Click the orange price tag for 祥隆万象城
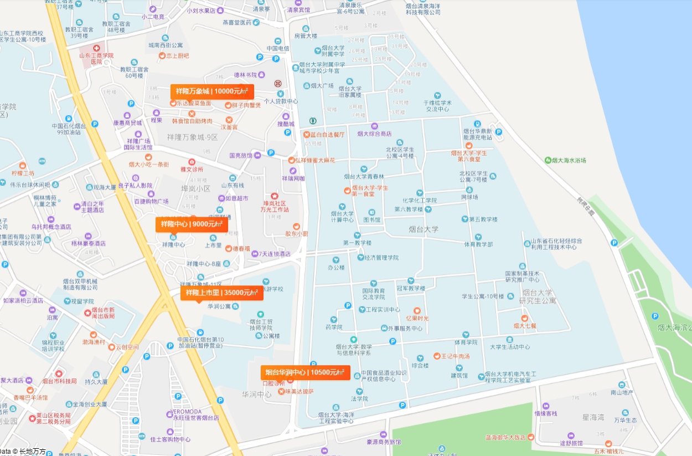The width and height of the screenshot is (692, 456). (212, 91)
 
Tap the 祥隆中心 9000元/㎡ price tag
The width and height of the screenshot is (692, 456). (192, 224)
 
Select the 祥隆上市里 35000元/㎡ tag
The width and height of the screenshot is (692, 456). (221, 293)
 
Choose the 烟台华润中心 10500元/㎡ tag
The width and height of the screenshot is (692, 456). (305, 372)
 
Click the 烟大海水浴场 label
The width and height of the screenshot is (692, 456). (569, 160)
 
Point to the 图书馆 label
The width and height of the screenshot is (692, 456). (371, 219)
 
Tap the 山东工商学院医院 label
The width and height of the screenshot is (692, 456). (96, 58)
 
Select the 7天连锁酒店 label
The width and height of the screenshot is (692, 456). (275, 254)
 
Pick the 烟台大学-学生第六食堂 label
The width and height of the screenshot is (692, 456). (468, 156)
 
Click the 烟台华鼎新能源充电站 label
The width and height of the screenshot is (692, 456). (477, 134)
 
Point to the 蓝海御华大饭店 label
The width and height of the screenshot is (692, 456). (505, 437)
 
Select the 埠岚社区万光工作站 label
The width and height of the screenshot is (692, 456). (275, 206)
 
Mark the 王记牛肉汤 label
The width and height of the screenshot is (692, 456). (455, 356)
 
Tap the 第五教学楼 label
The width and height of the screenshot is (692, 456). (483, 219)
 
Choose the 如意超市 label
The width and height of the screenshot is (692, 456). (236, 198)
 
